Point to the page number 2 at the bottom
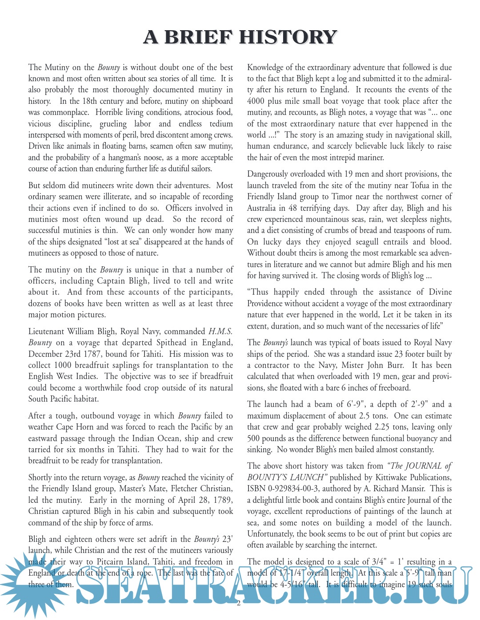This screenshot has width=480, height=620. coord(239,603)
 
